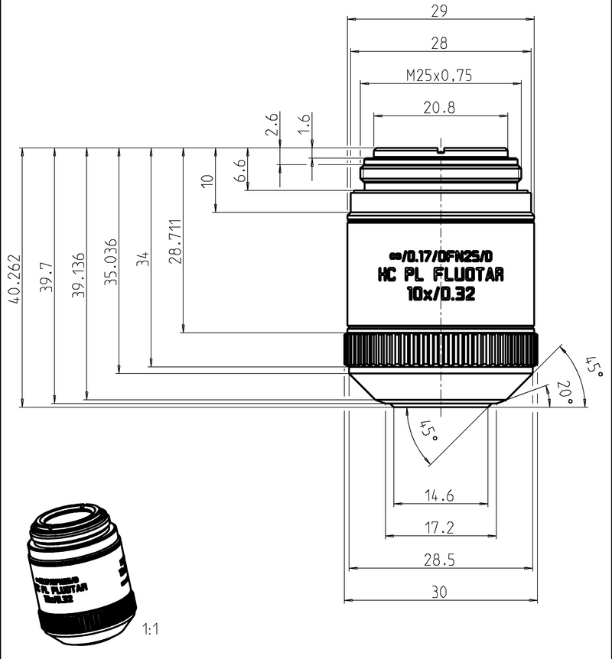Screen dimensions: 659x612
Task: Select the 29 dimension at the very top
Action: pos(439,11)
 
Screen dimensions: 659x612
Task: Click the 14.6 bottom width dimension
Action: pos(439,496)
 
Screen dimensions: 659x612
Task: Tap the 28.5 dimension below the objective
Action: pos(439,560)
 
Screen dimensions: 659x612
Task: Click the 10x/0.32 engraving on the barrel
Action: pos(441,295)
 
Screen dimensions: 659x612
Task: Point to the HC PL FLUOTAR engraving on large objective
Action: pos(441,275)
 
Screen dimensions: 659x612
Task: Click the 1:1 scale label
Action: pos(150,631)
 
